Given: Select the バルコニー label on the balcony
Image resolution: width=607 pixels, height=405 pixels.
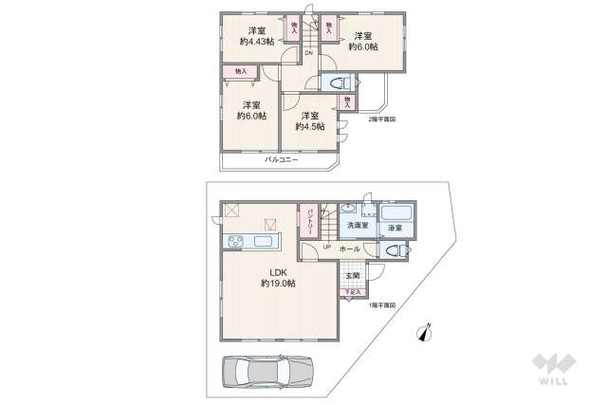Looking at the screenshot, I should pyautogui.click(x=281, y=160).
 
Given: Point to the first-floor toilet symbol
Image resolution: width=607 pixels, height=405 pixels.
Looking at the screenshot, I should pyautogui.click(x=394, y=251).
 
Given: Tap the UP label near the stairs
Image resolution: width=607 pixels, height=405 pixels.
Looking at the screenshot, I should pyautogui.click(x=326, y=249).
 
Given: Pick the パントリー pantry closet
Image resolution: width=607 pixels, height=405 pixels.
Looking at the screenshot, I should pyautogui.click(x=308, y=219).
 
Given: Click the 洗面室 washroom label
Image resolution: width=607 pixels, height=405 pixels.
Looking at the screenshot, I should pyautogui.click(x=357, y=226).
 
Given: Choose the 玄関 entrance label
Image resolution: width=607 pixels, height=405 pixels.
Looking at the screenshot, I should pyautogui.click(x=353, y=275).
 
